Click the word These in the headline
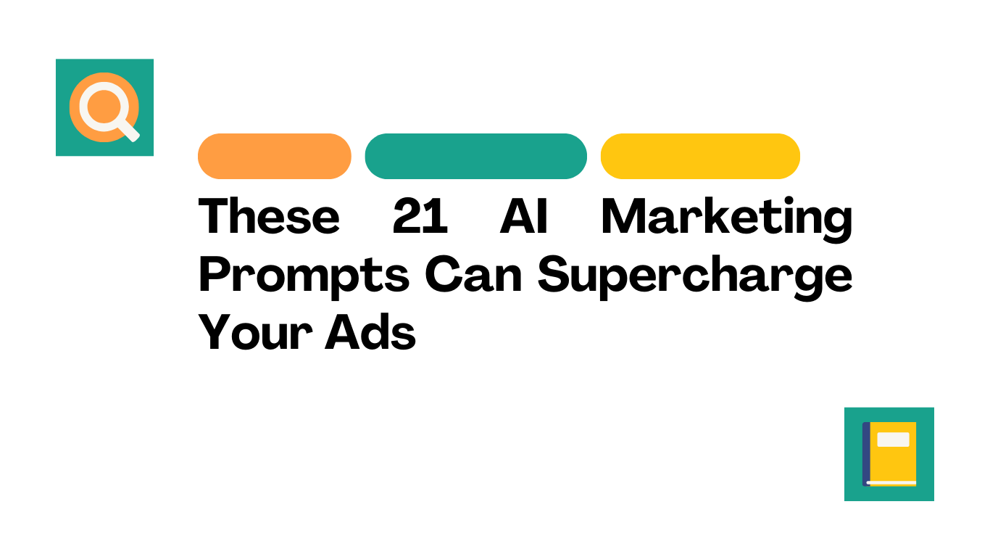tap(269, 215)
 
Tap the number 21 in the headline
tap(420, 215)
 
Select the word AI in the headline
tap(524, 215)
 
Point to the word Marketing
tap(727, 220)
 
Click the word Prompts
tap(304, 277)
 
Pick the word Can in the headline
tap(473, 274)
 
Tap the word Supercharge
tap(695, 277)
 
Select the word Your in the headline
tap(255, 332)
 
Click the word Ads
tap(370, 332)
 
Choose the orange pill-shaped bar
tap(275, 156)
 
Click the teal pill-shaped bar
tap(476, 156)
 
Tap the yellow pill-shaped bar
tap(700, 156)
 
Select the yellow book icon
tap(889, 454)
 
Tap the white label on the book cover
tap(893, 440)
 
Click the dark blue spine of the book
tap(866, 454)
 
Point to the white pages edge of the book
tap(891, 482)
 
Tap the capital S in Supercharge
tap(553, 274)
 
